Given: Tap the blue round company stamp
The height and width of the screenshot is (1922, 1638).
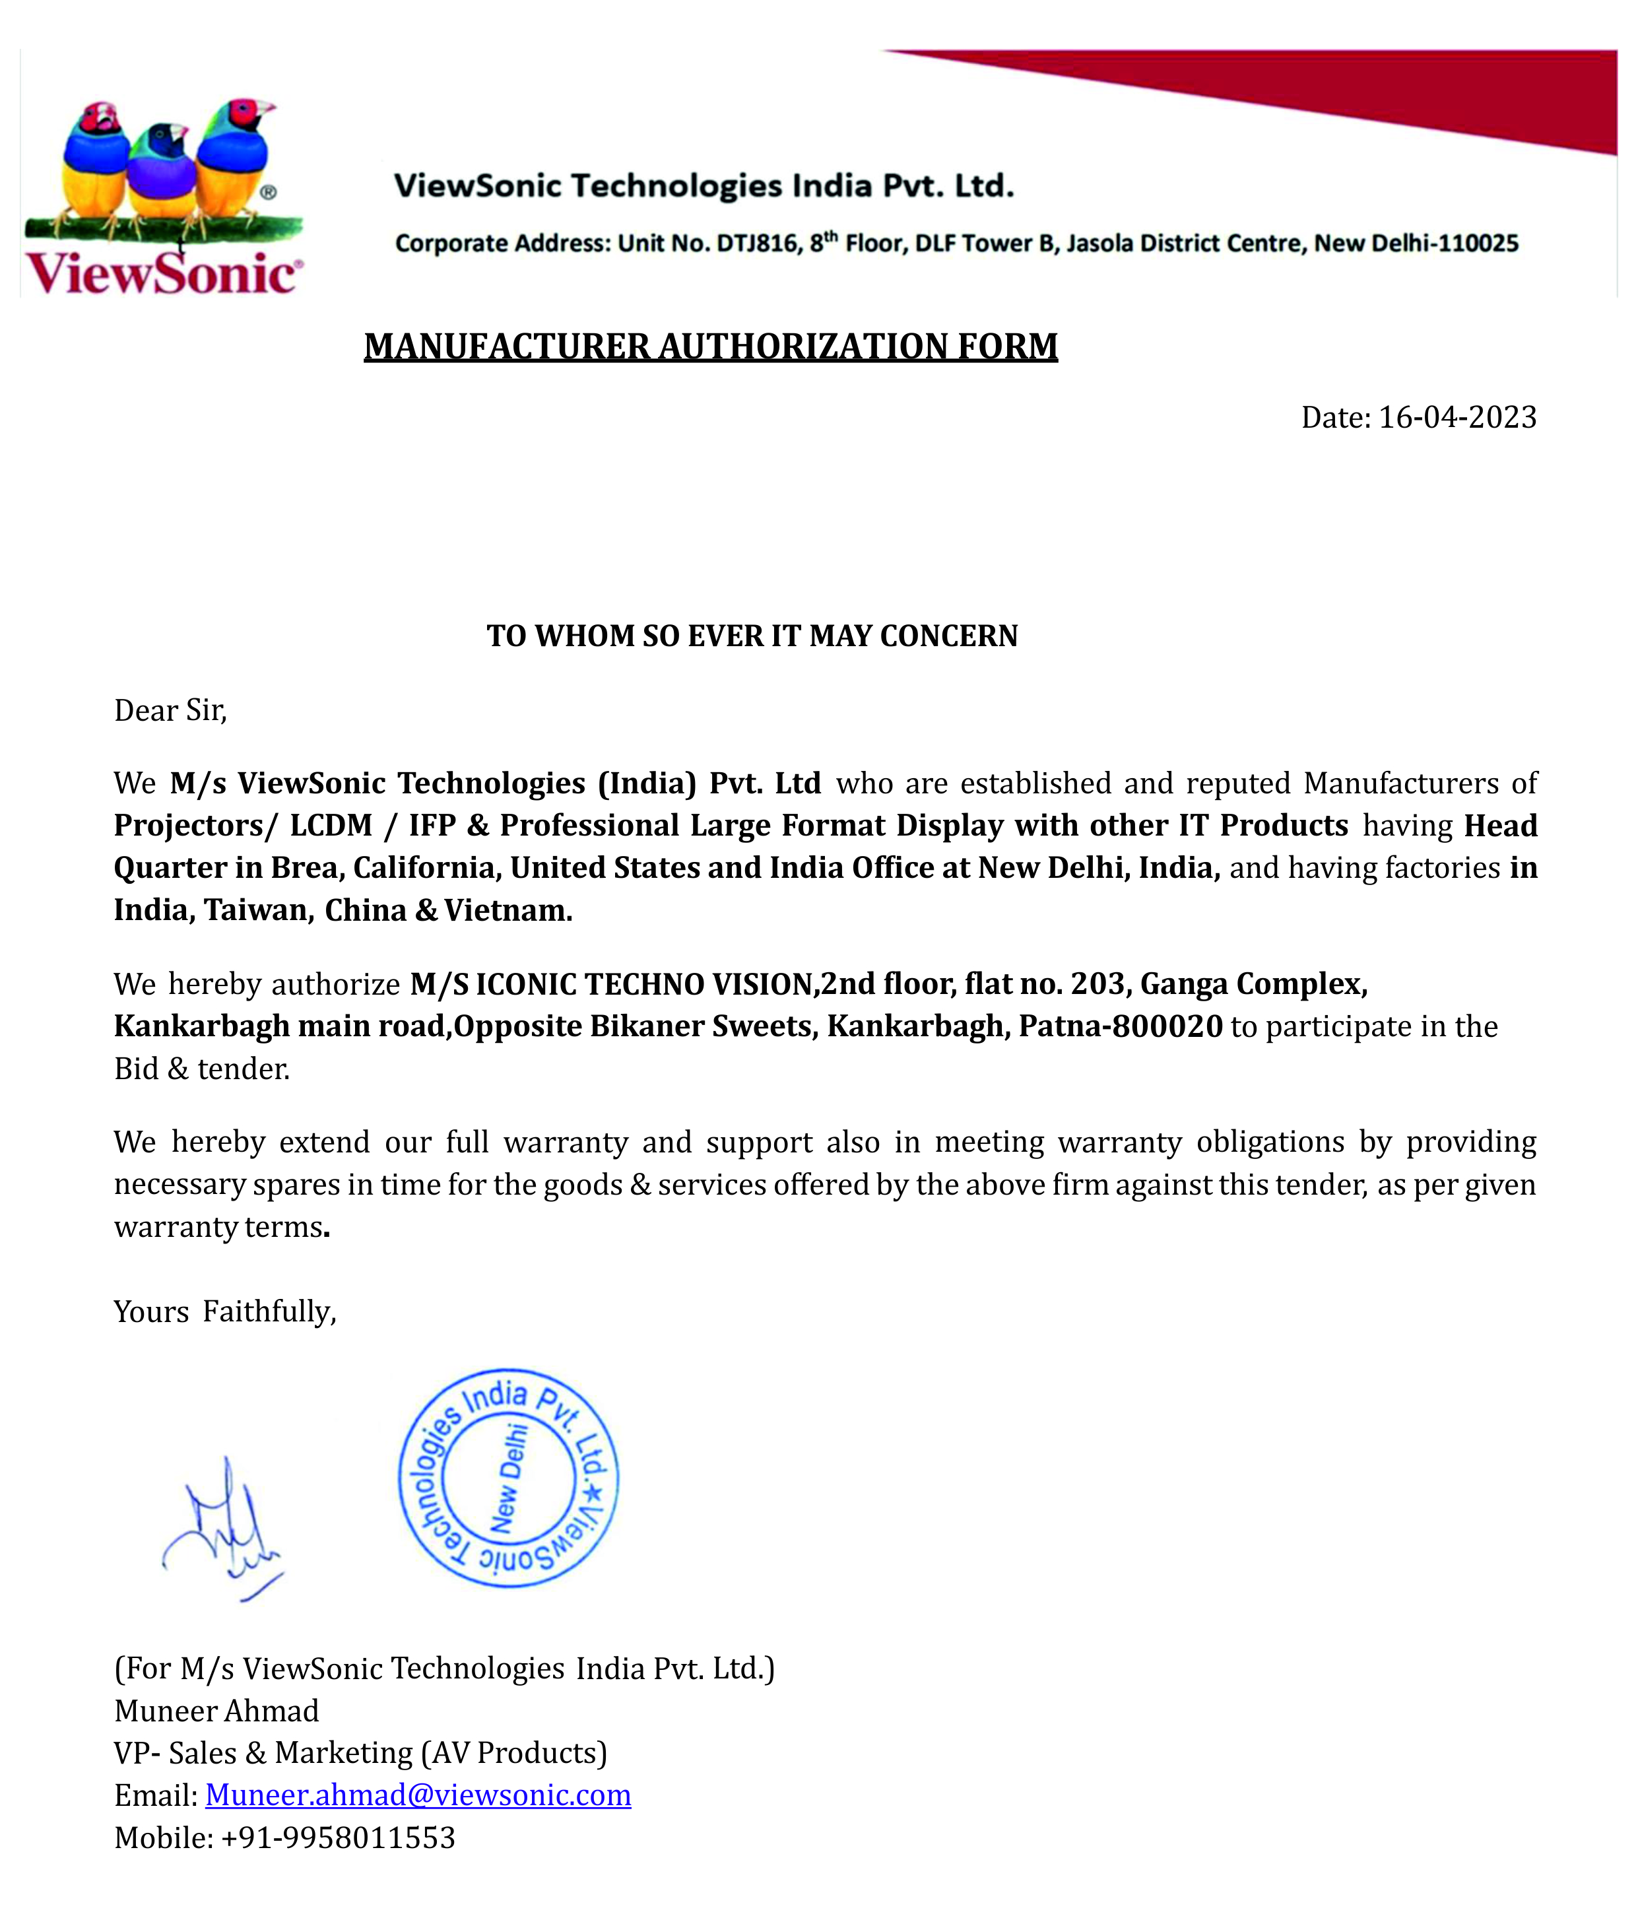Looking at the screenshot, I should [508, 1478].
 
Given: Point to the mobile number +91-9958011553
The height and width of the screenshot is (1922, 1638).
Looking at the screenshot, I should [338, 1838].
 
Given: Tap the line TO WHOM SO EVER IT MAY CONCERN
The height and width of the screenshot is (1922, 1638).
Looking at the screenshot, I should [752, 636].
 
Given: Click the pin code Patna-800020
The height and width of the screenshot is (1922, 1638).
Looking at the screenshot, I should [1121, 1026].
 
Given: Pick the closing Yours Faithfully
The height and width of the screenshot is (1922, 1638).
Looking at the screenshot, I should [224, 1311].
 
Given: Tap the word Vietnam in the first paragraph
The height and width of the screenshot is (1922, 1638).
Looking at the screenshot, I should [508, 910].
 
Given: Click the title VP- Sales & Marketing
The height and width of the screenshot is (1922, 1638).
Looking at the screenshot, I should [360, 1753].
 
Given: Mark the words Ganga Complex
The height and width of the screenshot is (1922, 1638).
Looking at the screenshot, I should [1253, 983].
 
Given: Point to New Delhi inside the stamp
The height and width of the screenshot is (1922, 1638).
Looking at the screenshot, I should [509, 1478].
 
